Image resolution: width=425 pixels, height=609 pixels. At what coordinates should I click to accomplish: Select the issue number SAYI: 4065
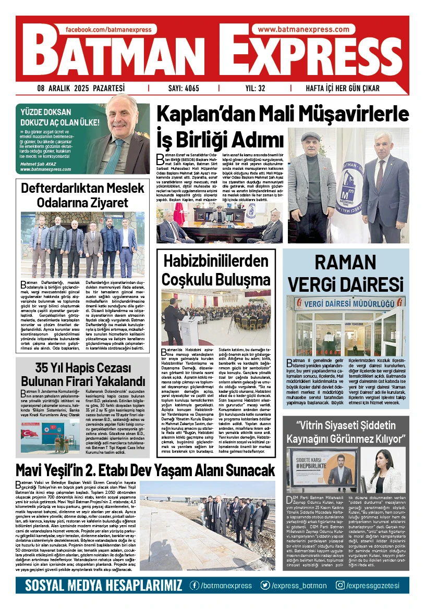(x=184, y=88)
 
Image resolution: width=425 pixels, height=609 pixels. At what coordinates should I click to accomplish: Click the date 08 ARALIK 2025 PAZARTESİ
(x=81, y=88)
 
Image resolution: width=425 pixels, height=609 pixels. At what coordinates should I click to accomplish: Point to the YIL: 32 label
(x=255, y=88)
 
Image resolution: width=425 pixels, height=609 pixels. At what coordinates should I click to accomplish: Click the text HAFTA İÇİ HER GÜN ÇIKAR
(x=343, y=88)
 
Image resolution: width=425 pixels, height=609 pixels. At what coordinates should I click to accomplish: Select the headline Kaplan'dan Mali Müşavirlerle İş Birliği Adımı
(x=283, y=126)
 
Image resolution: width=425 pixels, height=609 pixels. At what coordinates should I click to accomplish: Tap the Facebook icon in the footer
(x=195, y=586)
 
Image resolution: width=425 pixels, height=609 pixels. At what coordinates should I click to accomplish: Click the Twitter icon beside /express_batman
(x=265, y=586)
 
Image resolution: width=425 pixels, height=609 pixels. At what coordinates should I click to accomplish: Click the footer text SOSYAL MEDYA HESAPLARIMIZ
(x=104, y=586)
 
